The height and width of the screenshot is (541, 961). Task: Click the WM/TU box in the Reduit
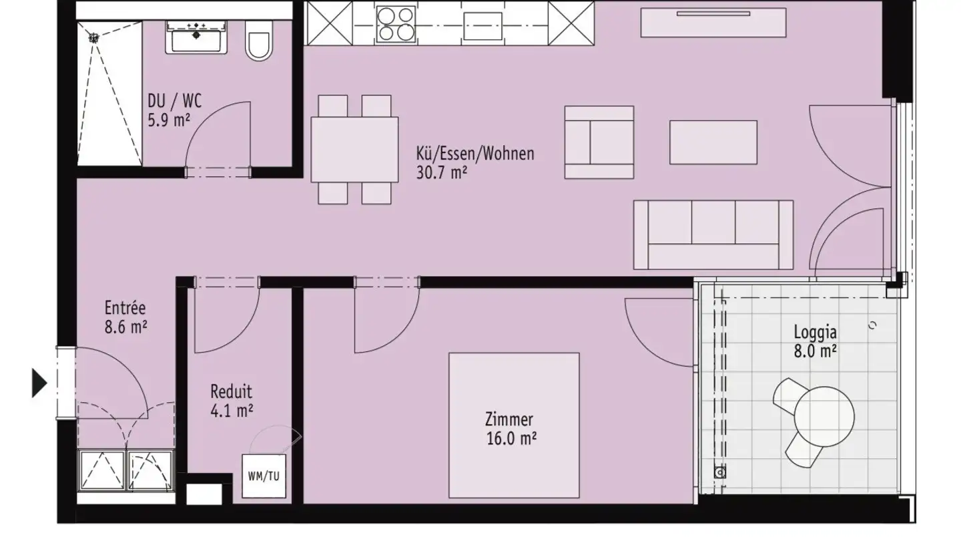click(x=264, y=476)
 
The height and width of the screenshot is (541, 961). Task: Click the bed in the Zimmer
click(x=513, y=425)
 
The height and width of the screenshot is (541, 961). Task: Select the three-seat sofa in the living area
click(x=713, y=234)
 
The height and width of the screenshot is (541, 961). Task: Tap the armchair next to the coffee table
click(x=599, y=142)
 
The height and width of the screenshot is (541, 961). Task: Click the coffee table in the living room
click(x=713, y=142)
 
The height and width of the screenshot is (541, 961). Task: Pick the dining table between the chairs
click(x=354, y=149)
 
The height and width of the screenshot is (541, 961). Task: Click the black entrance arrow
click(x=40, y=383)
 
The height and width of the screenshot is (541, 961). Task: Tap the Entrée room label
click(x=125, y=309)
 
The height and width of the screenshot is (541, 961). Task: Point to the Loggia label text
click(x=815, y=332)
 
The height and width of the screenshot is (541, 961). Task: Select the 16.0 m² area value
click(x=512, y=438)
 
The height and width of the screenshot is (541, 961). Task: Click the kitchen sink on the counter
click(x=482, y=25)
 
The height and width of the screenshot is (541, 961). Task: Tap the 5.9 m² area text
click(x=170, y=121)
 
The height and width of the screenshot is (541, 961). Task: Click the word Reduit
click(x=231, y=392)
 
